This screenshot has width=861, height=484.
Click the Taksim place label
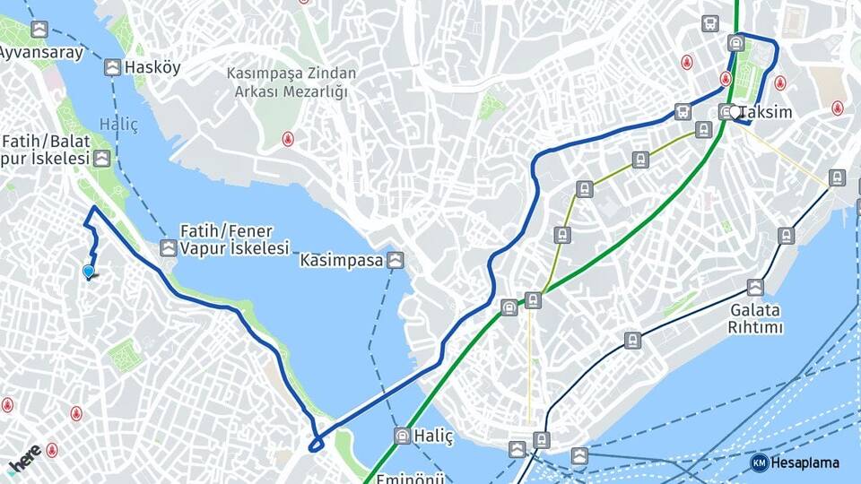pyautogui.click(x=767, y=113)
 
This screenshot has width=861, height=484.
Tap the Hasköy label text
pyautogui.click(x=153, y=67)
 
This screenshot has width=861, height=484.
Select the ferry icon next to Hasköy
pyautogui.click(x=112, y=67)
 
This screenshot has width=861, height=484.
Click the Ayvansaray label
pyautogui.click(x=41, y=52)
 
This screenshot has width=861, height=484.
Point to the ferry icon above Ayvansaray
pyautogui.click(x=39, y=30)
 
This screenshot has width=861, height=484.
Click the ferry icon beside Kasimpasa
pyautogui.click(x=396, y=261)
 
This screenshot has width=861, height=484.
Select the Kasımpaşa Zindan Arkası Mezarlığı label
pyautogui.click(x=291, y=82)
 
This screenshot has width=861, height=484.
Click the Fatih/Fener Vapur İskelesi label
pyautogui.click(x=235, y=239)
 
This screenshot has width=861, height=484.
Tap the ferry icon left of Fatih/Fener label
pyautogui.click(x=169, y=247)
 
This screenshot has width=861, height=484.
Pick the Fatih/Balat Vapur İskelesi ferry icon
pyautogui.click(x=103, y=159)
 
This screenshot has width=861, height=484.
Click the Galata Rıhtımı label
pyautogui.click(x=755, y=319)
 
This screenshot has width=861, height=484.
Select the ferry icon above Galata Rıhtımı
pyautogui.click(x=755, y=288)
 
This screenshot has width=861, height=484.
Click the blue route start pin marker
pyautogui.click(x=89, y=271)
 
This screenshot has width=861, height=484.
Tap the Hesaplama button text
pyautogui.click(x=807, y=462)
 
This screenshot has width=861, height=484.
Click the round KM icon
pyautogui.click(x=760, y=462)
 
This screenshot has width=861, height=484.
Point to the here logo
pyautogui.click(x=23, y=459)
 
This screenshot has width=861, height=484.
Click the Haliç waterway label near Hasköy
pyautogui.click(x=119, y=125)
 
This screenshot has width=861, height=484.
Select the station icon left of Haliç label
pyautogui.click(x=403, y=436)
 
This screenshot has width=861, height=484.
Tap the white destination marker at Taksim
pyautogui.click(x=735, y=112)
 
